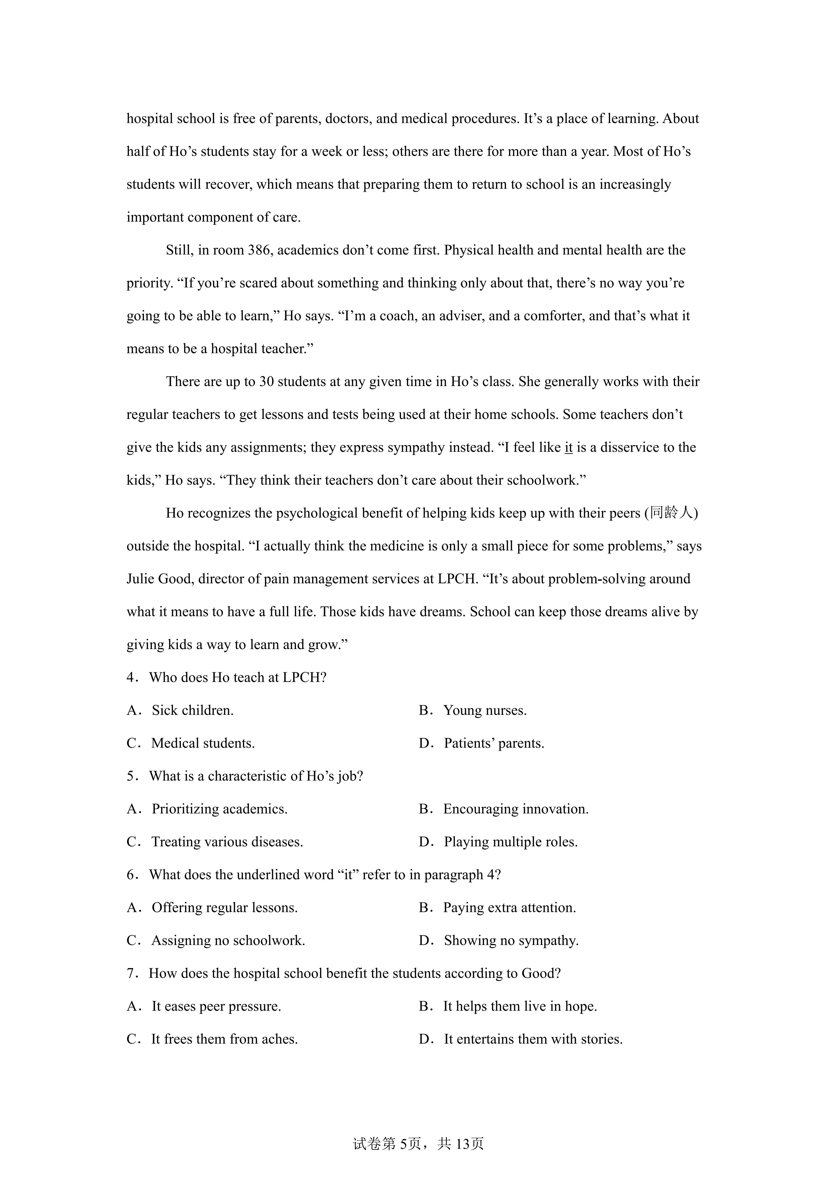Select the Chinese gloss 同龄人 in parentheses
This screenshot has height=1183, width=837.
pyautogui.click(x=671, y=513)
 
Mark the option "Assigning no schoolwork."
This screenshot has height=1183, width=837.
pyautogui.click(x=228, y=940)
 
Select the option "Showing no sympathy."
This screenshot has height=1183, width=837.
pyautogui.click(x=511, y=940)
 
